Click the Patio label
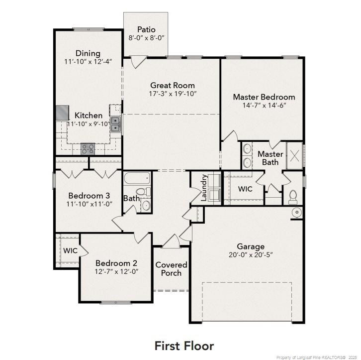click(146, 29)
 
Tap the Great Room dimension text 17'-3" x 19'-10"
click(173, 94)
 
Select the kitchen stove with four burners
click(88, 149)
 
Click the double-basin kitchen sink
click(115, 124)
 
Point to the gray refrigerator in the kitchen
click(63, 113)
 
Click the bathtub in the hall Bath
click(137, 178)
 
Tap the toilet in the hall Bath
click(143, 192)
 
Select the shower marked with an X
click(294, 156)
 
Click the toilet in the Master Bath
click(293, 197)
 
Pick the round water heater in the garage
click(297, 212)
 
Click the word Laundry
click(204, 188)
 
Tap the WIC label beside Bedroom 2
click(70, 250)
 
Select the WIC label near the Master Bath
click(245, 189)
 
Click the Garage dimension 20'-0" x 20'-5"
click(251, 255)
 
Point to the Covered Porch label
click(171, 269)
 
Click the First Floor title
click(184, 346)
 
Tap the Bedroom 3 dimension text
click(89, 204)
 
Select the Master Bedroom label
click(264, 97)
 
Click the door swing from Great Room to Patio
click(138, 62)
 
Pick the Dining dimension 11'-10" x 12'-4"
click(88, 62)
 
